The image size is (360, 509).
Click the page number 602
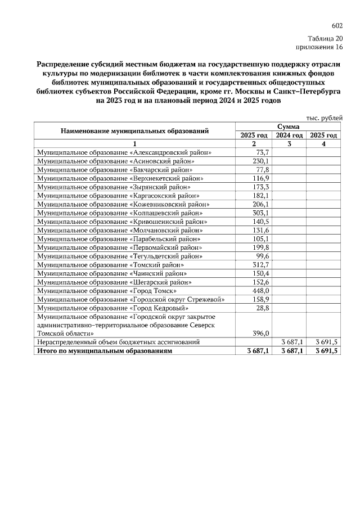point(337,26)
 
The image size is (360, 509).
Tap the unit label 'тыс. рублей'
point(323,118)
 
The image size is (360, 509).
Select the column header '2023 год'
point(254,136)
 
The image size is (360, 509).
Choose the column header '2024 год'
point(289,136)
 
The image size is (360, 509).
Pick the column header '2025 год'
point(323,136)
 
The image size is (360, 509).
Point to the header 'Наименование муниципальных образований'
point(135,131)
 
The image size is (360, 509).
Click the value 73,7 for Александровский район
point(263,152)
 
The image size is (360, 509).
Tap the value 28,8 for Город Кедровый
point(263,308)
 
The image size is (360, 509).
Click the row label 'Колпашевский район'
point(119,213)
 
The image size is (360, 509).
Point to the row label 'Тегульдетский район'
point(119,256)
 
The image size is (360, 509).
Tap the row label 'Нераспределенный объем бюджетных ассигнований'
point(118,342)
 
